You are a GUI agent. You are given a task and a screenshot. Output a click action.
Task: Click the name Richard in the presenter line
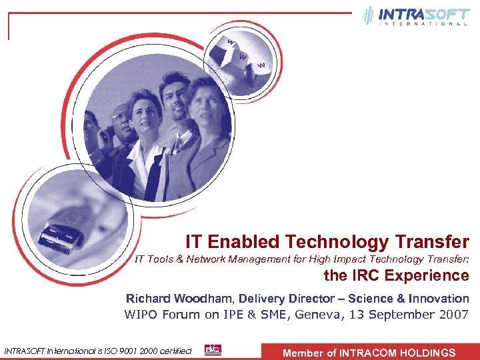(x=147, y=299)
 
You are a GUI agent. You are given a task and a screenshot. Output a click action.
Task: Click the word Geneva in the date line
(x=315, y=315)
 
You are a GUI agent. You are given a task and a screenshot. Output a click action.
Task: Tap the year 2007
(x=452, y=315)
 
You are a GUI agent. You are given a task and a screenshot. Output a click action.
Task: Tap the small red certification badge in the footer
(x=213, y=350)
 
